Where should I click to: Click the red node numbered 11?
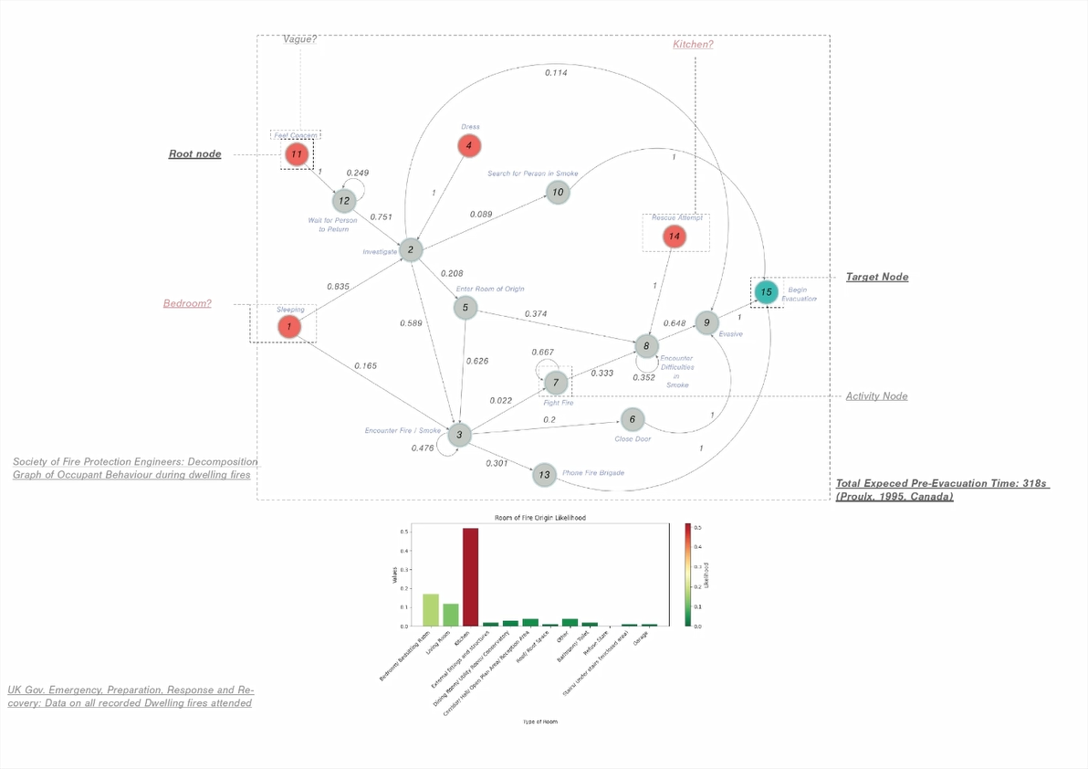tap(296, 154)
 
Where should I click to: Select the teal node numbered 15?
tap(766, 292)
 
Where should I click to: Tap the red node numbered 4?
tap(468, 145)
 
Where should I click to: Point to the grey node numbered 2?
tap(411, 249)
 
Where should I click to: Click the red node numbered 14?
tap(675, 237)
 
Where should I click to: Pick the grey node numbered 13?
tap(544, 474)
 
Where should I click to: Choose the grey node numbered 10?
tap(558, 192)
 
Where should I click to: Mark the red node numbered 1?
tap(289, 326)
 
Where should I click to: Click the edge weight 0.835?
tap(337, 287)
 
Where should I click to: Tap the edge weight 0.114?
tap(556, 73)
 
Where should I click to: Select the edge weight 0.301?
tap(497, 463)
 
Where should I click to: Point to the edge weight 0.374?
tap(536, 314)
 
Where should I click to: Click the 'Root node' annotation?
tap(194, 154)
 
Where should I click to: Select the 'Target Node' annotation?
tap(876, 277)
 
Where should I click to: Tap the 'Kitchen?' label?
tap(693, 45)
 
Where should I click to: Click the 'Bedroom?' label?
tap(187, 303)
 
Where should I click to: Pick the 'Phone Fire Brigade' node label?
tap(592, 473)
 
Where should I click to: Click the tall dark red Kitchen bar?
tap(470, 576)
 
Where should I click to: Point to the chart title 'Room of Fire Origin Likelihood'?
tap(540, 518)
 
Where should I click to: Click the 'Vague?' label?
tap(299, 39)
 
